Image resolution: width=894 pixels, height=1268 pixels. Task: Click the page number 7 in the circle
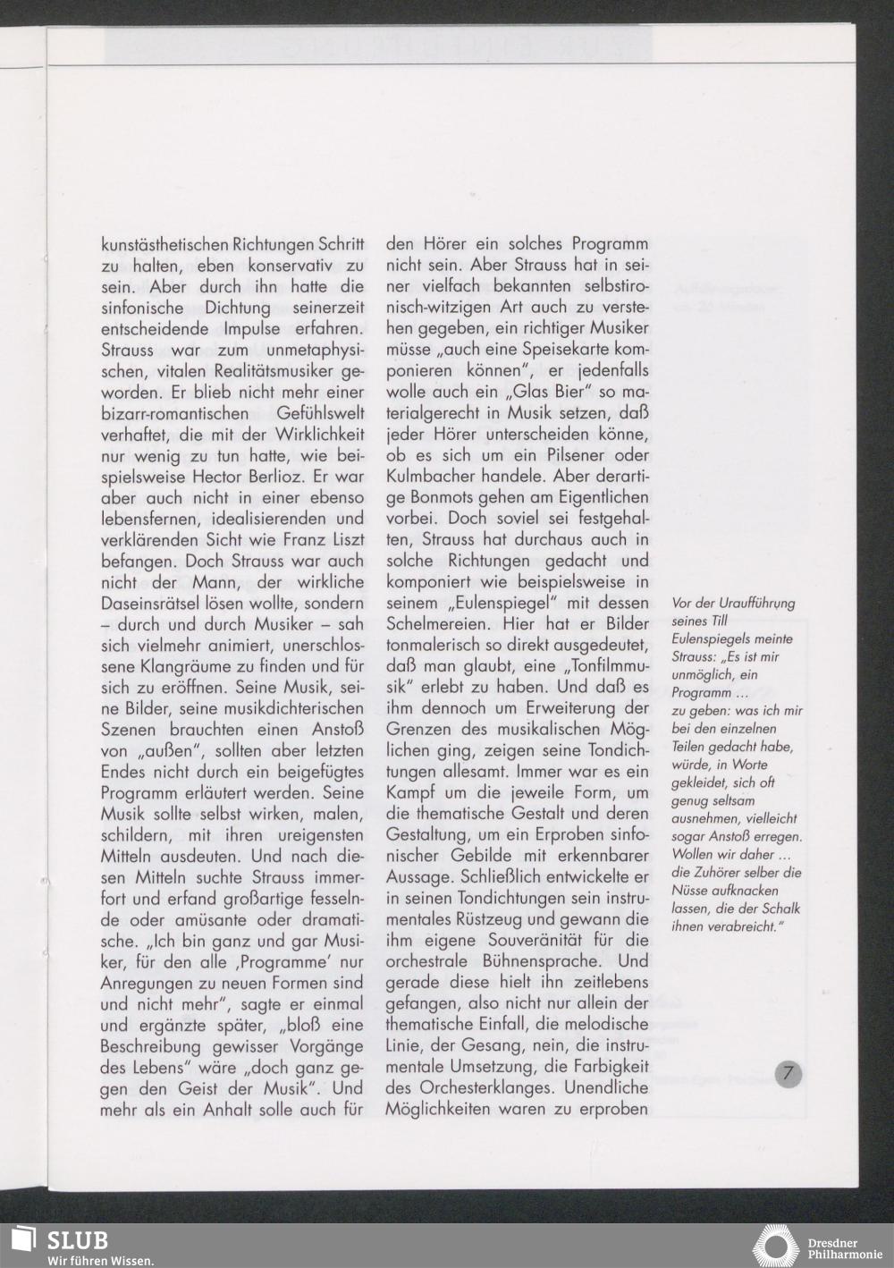[x=787, y=1073]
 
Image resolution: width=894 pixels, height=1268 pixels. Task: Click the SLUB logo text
[x=77, y=1240]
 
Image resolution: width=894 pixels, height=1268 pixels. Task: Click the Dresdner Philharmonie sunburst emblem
[x=775, y=1247]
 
